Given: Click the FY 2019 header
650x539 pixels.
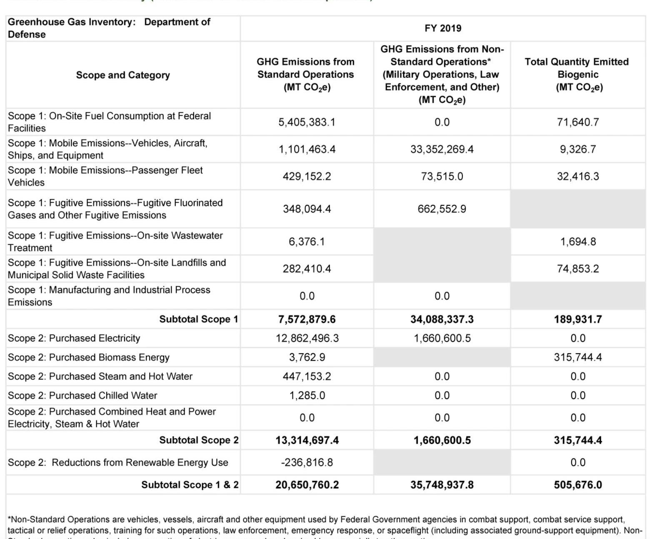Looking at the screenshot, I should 442,28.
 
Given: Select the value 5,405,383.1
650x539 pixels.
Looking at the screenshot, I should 307,122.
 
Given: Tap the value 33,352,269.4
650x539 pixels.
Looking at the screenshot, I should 442,149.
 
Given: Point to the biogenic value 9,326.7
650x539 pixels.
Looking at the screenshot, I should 577,149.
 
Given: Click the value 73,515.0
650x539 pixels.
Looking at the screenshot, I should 442,176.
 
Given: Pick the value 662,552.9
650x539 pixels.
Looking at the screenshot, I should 442,209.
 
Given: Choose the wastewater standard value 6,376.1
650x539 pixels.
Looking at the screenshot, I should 307,242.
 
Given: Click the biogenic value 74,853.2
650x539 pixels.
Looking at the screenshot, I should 577,269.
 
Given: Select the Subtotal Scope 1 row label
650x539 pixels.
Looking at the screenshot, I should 198,319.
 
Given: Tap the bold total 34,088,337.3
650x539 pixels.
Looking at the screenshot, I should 442,319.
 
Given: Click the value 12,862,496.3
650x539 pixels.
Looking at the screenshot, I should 307,338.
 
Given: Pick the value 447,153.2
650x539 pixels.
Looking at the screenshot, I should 307,377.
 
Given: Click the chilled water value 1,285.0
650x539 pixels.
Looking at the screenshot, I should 307,395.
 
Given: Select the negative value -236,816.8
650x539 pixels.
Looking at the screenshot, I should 307,462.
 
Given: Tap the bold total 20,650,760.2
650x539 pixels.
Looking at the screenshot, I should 307,485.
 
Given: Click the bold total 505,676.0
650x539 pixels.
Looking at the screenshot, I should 577,485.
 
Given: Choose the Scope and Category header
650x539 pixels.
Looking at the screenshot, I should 123,75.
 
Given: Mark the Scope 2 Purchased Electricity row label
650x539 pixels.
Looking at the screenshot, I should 74,338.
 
